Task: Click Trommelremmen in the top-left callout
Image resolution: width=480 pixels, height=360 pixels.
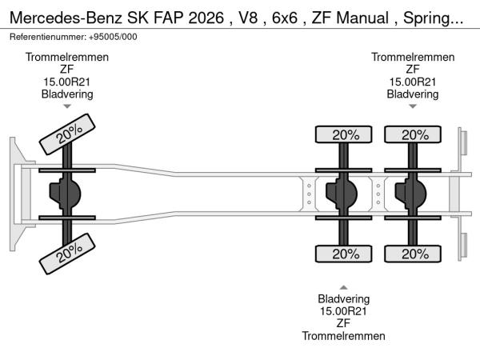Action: click(67, 58)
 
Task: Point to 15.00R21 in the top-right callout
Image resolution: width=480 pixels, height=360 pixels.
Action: click(413, 82)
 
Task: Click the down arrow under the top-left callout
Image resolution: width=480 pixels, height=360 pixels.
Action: click(67, 106)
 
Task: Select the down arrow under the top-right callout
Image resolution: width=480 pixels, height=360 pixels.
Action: click(413, 106)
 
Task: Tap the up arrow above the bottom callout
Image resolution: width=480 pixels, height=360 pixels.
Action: click(343, 287)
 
